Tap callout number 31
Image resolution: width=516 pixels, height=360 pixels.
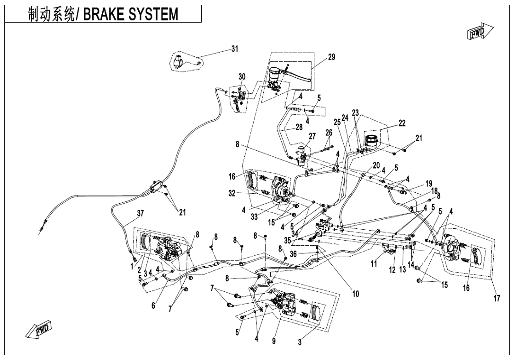point(235,49)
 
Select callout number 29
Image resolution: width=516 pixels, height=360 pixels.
point(331,57)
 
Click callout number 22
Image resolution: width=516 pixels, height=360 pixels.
point(402,123)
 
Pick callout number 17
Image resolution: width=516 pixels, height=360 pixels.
point(497,299)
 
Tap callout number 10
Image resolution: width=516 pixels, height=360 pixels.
point(355,294)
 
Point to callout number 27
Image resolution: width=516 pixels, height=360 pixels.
point(312,137)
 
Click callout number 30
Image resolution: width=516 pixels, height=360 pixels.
point(242,77)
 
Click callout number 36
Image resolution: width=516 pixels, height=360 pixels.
point(294,254)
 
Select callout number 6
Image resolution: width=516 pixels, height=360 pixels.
point(153,306)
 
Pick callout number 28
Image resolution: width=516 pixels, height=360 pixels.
point(299,127)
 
